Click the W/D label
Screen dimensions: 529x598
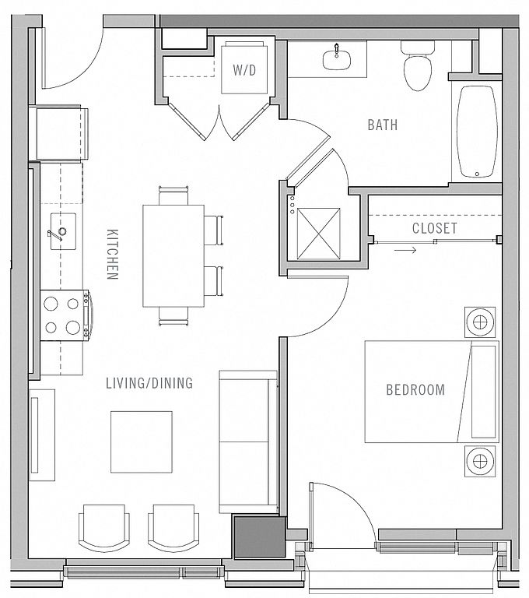point(244,70)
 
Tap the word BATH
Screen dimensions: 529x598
point(383,125)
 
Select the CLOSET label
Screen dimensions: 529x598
point(435,228)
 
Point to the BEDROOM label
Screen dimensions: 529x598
point(415,390)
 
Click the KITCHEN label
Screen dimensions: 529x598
point(113,255)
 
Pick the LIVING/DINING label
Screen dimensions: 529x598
point(149,383)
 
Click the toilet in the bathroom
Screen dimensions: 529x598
point(418,65)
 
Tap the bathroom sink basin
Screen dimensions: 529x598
point(337,60)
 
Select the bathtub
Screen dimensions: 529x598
point(477,132)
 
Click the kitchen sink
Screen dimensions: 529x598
point(63,231)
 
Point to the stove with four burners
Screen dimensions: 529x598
point(65,315)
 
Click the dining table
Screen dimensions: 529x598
point(173,255)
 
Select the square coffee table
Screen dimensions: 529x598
point(142,441)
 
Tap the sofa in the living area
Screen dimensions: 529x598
point(248,441)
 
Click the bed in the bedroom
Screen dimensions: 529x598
point(432,392)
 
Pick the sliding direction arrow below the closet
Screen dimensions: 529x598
point(405,250)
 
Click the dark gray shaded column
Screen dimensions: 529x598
point(260,536)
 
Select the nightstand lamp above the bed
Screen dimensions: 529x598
point(480,322)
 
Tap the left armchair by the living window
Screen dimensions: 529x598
point(104,528)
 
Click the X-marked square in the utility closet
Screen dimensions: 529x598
point(319,234)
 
